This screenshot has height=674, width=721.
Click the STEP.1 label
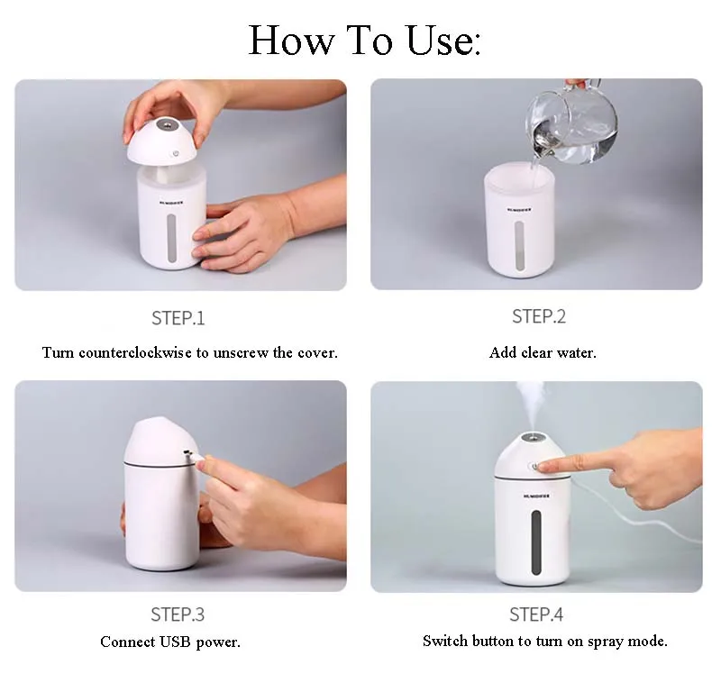(x=178, y=318)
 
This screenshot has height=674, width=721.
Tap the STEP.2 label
(x=539, y=317)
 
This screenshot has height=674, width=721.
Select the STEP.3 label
(x=178, y=615)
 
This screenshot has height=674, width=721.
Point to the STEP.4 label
(x=536, y=615)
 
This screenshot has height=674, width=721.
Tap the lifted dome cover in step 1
(x=168, y=142)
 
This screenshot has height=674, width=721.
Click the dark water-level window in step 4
(x=535, y=542)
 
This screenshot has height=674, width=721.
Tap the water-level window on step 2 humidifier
(x=519, y=245)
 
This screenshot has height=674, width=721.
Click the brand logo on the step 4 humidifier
(x=536, y=496)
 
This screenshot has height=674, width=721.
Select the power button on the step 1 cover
(x=175, y=153)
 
